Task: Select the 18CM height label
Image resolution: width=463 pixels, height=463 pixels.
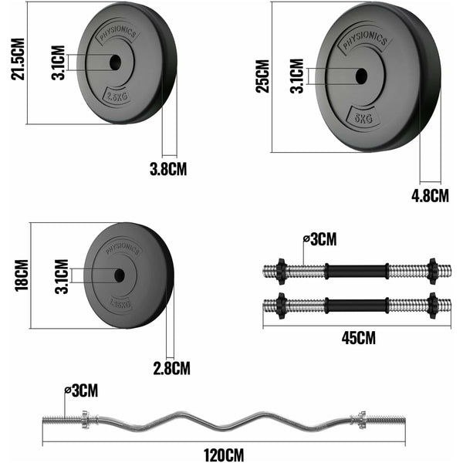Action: [21, 275]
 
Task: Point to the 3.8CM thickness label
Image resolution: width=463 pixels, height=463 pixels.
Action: [167, 168]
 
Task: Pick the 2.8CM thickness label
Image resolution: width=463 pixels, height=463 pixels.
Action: [171, 367]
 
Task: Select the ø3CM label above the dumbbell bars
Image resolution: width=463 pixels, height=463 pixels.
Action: [319, 239]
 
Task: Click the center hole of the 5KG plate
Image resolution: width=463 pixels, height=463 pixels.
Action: [361, 76]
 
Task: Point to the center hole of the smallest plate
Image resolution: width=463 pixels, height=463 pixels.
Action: [120, 275]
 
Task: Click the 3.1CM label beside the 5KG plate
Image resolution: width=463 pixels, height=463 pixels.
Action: [296, 75]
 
